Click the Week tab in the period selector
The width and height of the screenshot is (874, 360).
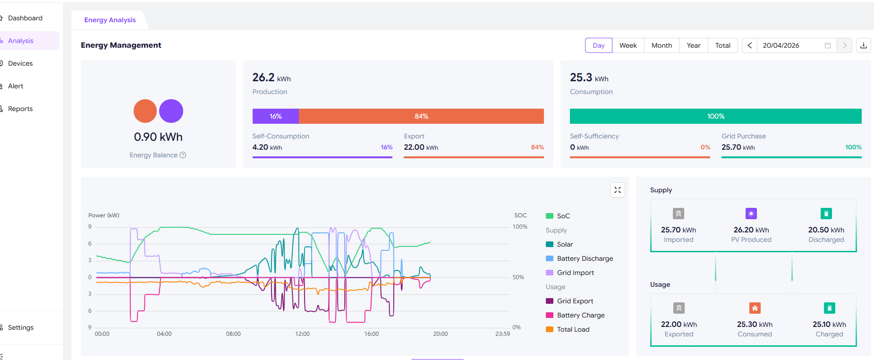pyautogui.click(x=628, y=45)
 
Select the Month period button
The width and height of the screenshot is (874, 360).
pyautogui.click(x=662, y=45)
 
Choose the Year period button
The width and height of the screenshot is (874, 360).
pyautogui.click(x=693, y=45)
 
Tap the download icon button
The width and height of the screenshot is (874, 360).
pyautogui.click(x=863, y=45)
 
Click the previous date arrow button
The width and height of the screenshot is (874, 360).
pyautogui.click(x=749, y=45)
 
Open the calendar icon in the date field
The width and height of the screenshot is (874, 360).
pyautogui.click(x=827, y=45)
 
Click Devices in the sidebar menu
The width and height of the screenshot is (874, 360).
pyautogui.click(x=20, y=63)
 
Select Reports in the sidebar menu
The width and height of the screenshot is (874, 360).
pyautogui.click(x=20, y=109)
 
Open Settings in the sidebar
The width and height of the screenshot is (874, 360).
pyautogui.click(x=21, y=327)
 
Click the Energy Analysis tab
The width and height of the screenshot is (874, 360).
pyautogui.click(x=110, y=20)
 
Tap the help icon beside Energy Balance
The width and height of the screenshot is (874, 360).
pyautogui.click(x=183, y=155)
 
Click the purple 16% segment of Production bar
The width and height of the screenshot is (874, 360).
pyautogui.click(x=276, y=116)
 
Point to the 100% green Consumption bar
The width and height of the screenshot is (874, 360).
pyautogui.click(x=715, y=116)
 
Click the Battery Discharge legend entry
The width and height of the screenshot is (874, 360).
pyautogui.click(x=585, y=258)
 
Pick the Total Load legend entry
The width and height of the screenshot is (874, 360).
pyautogui.click(x=573, y=329)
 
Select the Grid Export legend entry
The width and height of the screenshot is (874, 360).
pyautogui.click(x=575, y=301)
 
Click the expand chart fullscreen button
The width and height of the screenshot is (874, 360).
pyautogui.click(x=617, y=190)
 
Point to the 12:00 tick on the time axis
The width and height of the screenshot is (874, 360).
pyautogui.click(x=302, y=334)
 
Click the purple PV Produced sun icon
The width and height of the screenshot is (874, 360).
pyautogui.click(x=751, y=214)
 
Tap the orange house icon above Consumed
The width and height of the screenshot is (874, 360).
pyautogui.click(x=755, y=308)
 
